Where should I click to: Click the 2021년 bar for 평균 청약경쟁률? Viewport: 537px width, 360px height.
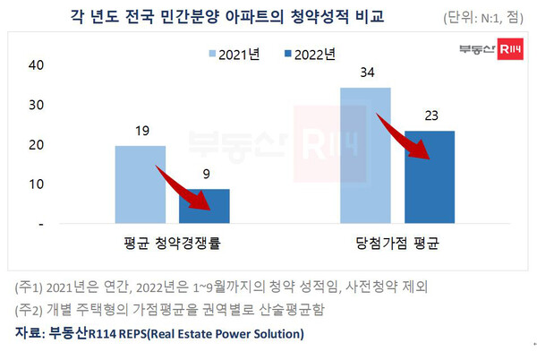pyautogui.click(x=141, y=184)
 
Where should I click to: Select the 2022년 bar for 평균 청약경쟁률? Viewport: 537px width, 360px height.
pyautogui.click(x=204, y=205)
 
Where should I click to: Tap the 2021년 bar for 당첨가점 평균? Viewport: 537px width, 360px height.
pyautogui.click(x=365, y=154)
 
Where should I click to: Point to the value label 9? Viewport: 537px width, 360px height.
pyautogui.click(x=204, y=176)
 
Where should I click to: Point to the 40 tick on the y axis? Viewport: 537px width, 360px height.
pyautogui.click(x=37, y=65)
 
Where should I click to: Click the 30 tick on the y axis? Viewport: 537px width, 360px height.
pyautogui.click(x=37, y=105)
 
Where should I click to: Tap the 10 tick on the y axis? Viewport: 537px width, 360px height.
pyautogui.click(x=37, y=184)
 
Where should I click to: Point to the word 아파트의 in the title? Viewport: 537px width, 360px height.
pyautogui.click(x=257, y=16)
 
